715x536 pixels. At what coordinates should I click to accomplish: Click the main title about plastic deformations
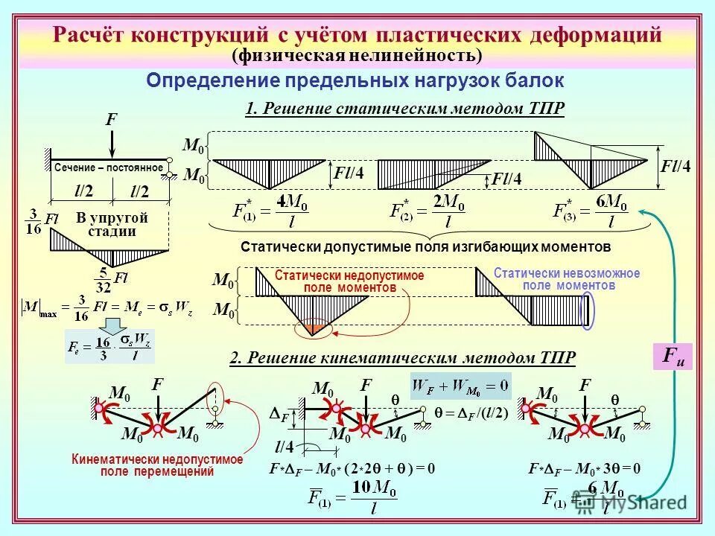pos(357,35)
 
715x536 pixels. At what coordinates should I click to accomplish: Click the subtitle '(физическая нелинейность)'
pos(357,56)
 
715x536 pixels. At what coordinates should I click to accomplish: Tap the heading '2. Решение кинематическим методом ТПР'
pos(402,358)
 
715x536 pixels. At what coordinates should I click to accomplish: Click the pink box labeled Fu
pos(673,357)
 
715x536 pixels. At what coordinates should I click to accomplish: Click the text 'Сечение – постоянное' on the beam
pos(108,167)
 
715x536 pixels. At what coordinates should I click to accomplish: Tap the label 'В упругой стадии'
pos(112,224)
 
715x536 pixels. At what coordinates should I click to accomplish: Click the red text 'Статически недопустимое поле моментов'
pos(349,281)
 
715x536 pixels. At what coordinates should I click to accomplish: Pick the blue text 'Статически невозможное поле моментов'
pos(566,279)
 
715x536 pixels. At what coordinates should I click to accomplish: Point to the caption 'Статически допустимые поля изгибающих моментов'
pos(426,246)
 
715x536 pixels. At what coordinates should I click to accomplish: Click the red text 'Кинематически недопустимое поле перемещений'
pos(156,465)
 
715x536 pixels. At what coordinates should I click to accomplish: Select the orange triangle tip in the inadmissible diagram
pos(314,328)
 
